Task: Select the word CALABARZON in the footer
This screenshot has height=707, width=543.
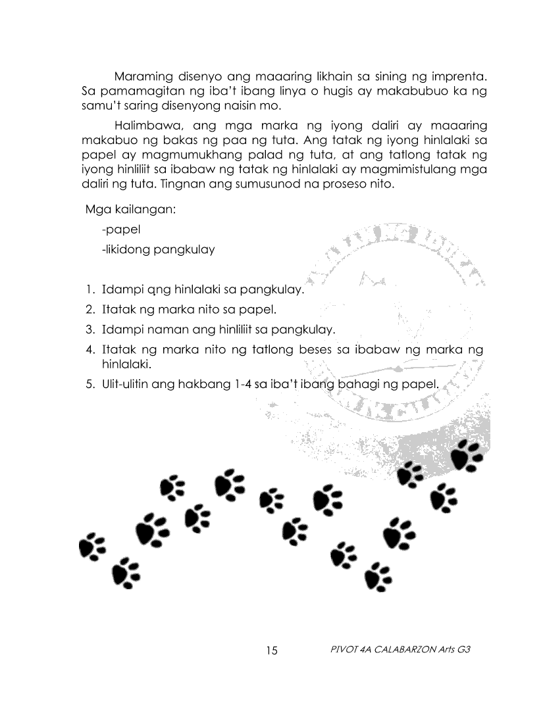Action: (400, 650)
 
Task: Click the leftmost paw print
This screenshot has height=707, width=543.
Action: (91, 545)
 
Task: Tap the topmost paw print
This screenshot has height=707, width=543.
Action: (469, 454)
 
